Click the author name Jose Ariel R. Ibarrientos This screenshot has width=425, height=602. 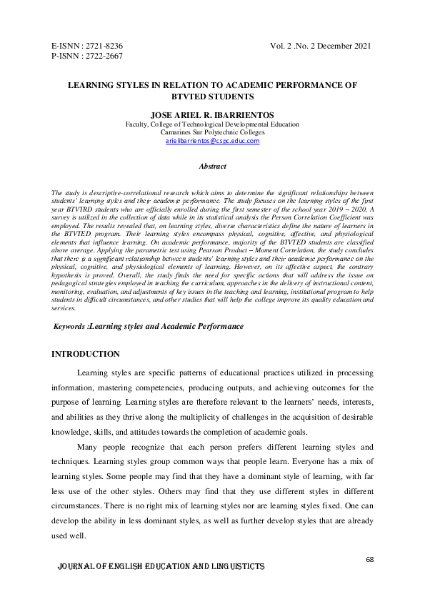212,114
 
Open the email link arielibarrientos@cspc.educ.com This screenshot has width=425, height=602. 212,142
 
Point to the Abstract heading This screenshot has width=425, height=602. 212,166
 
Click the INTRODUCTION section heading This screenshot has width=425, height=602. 86,354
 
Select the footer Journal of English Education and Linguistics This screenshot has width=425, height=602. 161,566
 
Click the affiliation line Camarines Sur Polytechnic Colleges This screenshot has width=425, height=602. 212,132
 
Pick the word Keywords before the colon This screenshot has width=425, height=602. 71,326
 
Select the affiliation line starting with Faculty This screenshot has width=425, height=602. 212,124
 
